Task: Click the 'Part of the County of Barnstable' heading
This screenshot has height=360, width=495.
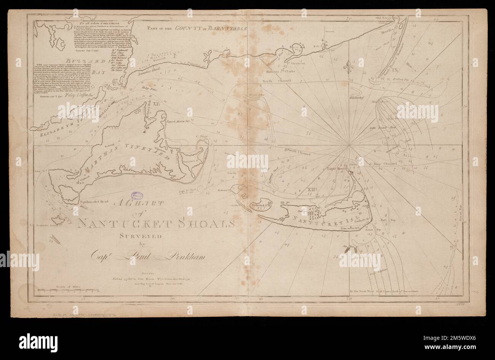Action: coord(198,28)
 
